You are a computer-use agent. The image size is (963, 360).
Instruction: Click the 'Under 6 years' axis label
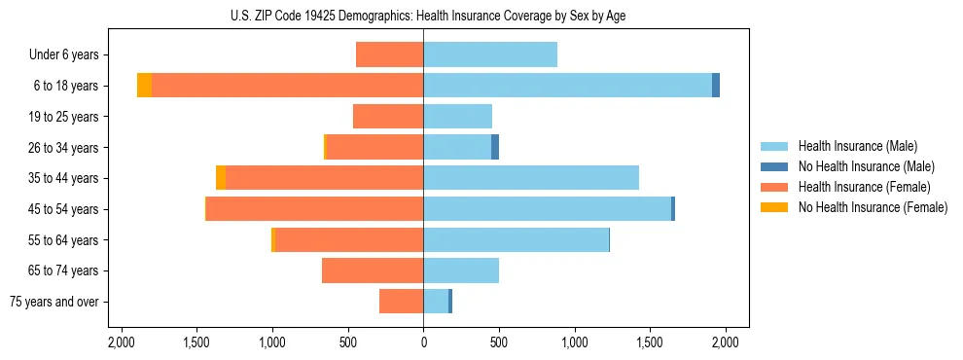point(70,54)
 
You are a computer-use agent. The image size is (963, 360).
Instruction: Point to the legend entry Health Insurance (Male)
point(857,146)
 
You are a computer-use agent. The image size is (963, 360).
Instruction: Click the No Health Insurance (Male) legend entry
point(866,166)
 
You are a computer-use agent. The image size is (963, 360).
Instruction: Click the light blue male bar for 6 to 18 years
point(567,86)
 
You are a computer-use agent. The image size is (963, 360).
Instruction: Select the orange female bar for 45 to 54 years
point(314,209)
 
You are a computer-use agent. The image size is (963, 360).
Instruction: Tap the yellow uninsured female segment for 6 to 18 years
point(144,86)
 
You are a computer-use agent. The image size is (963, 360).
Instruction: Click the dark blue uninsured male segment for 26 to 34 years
point(495,147)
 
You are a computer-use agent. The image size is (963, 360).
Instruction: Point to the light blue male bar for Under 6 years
point(490,54)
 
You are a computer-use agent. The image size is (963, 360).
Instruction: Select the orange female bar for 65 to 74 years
point(373,270)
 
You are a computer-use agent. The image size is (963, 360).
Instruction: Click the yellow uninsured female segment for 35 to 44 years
point(221,178)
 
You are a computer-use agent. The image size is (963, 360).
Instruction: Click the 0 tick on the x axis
point(423,342)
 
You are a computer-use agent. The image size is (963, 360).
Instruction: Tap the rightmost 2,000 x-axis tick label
point(725,342)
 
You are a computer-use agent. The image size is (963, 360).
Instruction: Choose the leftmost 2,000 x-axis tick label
point(121,342)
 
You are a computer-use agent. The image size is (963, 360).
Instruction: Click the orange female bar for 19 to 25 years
point(388,117)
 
